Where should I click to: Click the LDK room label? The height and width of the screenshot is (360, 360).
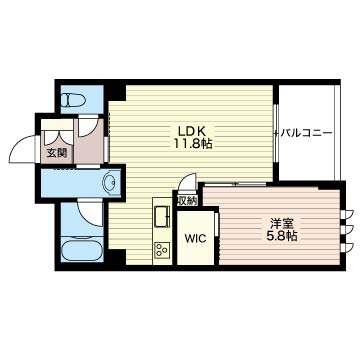(192, 131)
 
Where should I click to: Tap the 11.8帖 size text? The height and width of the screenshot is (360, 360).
(192, 144)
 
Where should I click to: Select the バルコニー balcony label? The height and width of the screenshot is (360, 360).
(306, 133)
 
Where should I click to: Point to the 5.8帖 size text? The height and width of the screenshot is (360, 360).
(282, 236)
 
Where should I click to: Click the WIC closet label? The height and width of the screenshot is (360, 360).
(195, 239)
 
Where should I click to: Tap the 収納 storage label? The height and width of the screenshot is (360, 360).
(187, 201)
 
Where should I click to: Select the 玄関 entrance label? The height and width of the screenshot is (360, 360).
(56, 153)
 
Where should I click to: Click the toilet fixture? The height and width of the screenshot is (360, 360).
(74, 99)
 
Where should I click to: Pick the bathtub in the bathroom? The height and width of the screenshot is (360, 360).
(82, 250)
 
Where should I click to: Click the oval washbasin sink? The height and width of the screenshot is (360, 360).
(111, 182)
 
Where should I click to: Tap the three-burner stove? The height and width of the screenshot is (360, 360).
(162, 250)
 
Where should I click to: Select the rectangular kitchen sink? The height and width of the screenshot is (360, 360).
(162, 217)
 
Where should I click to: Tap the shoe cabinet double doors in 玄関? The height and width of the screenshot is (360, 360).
(59, 137)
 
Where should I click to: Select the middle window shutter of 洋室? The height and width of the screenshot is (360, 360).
(349, 230)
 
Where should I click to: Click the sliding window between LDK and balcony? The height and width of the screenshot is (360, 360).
(276, 133)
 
